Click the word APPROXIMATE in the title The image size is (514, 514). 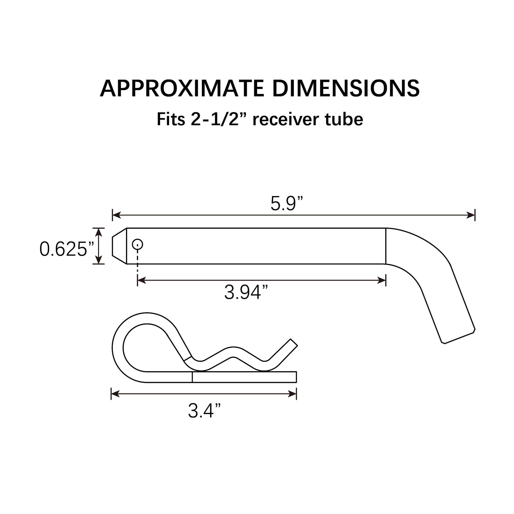(182, 88)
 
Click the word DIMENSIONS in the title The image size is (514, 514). (346, 88)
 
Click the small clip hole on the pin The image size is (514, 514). (137, 244)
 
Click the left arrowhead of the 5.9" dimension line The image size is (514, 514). (116, 215)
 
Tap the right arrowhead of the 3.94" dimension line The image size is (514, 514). (381, 280)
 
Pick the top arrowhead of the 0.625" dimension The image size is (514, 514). (99, 232)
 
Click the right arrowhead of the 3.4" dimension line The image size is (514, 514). (292, 394)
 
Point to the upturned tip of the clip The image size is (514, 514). (293, 343)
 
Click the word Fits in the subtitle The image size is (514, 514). (171, 120)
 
